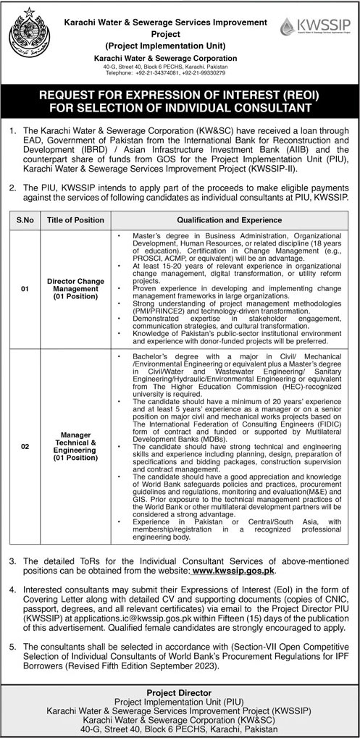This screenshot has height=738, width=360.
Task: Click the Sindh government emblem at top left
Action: (x=31, y=36)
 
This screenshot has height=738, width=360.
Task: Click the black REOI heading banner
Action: (x=180, y=101)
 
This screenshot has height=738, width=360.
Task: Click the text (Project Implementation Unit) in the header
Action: (x=165, y=45)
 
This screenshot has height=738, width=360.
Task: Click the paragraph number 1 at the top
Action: (x=13, y=133)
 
